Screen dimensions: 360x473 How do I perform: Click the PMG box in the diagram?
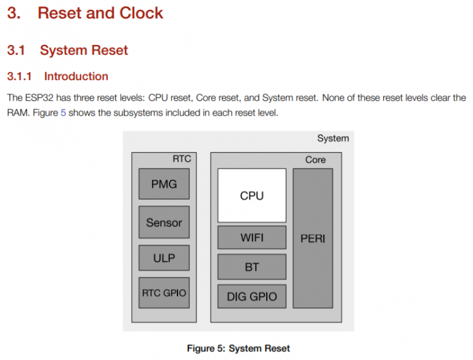tap(164, 183)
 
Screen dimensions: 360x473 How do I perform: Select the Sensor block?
tap(164, 222)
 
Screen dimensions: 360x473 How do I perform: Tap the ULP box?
tap(164, 258)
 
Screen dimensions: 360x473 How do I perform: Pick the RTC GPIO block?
tap(164, 293)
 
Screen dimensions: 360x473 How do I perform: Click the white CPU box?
tap(251, 196)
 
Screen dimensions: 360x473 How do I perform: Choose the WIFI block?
tap(251, 238)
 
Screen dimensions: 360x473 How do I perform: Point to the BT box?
tap(251, 266)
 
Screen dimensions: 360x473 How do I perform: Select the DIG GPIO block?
tap(251, 296)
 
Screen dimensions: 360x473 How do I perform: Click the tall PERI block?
tap(312, 238)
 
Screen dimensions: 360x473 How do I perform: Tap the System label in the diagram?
tap(333, 138)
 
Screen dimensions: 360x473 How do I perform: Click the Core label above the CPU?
tap(315, 159)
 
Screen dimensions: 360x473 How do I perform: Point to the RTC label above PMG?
tap(182, 159)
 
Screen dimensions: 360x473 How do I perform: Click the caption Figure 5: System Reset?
tap(238, 348)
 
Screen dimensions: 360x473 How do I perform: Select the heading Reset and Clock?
tap(100, 14)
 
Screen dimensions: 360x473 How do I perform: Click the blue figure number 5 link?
tap(63, 113)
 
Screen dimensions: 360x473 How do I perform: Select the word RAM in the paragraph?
tap(18, 113)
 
